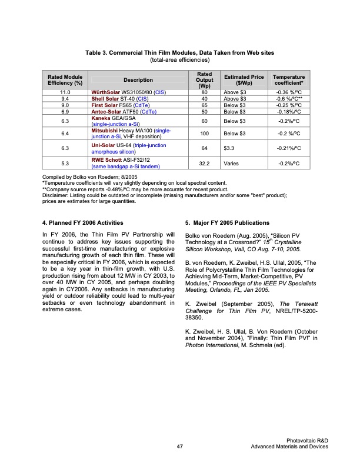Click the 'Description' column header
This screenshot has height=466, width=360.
click(x=138, y=80)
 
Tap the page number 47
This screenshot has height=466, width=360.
click(x=180, y=447)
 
